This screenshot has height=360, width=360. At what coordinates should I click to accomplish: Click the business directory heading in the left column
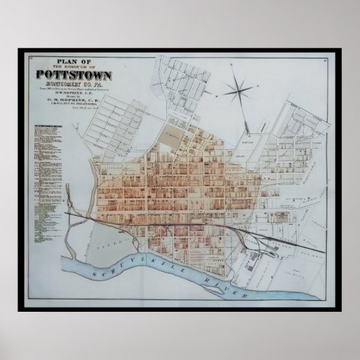click(x=48, y=127)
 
